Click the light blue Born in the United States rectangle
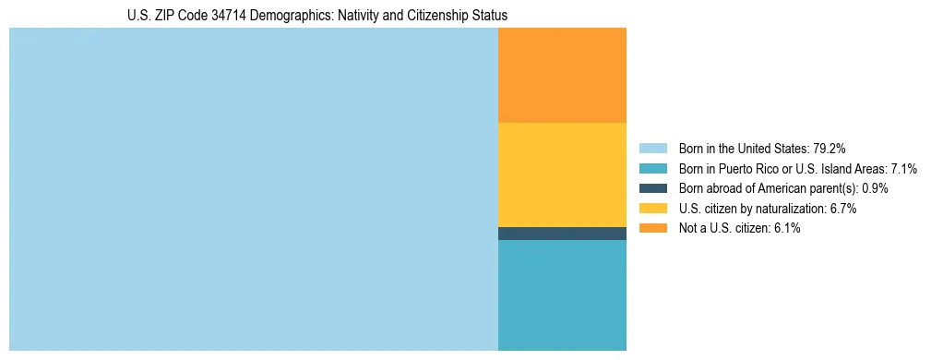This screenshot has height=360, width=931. [x=254, y=189]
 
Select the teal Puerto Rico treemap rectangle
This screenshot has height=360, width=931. [x=562, y=295]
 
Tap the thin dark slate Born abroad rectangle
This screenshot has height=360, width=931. [x=562, y=234]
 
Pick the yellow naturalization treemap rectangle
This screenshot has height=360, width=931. [x=562, y=174]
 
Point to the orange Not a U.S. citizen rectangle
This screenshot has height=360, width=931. [x=562, y=75]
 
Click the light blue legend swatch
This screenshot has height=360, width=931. [x=653, y=149]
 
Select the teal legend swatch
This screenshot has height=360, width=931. [x=653, y=169]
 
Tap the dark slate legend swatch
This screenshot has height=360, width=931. [x=653, y=188]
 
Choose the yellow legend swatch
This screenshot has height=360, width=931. [x=653, y=209]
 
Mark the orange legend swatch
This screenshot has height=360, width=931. [x=653, y=228]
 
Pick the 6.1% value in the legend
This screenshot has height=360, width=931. [x=784, y=228]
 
